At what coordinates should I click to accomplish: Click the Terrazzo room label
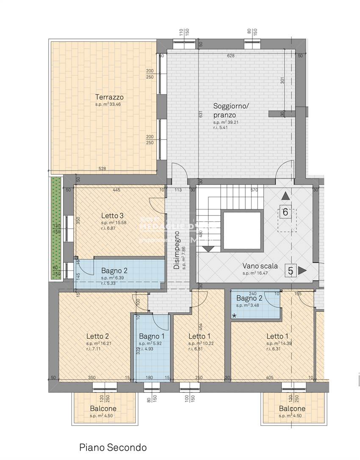tap(109, 97)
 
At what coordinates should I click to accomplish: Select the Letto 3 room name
tap(112, 215)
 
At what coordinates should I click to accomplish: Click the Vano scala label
tap(260, 266)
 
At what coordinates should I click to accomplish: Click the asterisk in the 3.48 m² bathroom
tap(234, 315)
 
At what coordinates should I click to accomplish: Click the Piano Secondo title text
tap(113, 447)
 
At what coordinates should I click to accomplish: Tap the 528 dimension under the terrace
tap(102, 169)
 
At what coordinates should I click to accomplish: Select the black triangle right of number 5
tap(302, 270)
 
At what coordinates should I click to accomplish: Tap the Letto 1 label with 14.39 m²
tap(277, 336)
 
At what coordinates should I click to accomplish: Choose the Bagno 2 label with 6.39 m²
tap(114, 271)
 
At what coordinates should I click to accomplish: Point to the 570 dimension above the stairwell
tap(254, 190)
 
